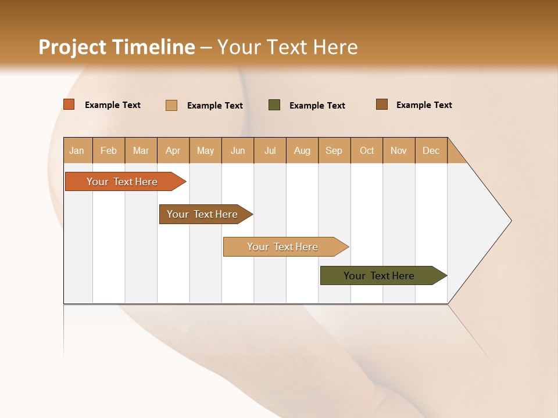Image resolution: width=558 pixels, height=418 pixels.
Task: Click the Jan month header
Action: [77, 150]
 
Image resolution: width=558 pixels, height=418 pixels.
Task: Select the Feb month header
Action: [109, 150]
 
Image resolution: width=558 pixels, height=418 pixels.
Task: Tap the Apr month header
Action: [173, 150]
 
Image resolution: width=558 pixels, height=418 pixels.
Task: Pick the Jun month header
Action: [238, 150]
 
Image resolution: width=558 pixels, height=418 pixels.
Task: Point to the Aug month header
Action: [302, 150]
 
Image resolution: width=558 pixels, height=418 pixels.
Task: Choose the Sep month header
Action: [334, 150]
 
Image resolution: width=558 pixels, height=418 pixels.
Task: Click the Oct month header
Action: [367, 150]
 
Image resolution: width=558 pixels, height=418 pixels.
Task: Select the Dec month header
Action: [431, 150]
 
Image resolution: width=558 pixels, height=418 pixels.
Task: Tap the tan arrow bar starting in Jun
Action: [283, 247]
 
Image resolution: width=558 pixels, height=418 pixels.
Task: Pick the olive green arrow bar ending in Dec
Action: [380, 276]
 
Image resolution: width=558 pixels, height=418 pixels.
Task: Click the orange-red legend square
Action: [69, 105]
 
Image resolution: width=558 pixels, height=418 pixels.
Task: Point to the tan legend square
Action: [171, 105]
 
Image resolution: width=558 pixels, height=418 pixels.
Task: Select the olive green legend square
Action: [274, 105]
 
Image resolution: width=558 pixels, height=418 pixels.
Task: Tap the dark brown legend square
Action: [381, 105]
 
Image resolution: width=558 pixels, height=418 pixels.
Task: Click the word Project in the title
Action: [72, 47]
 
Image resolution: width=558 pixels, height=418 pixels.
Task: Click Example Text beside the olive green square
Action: [317, 106]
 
